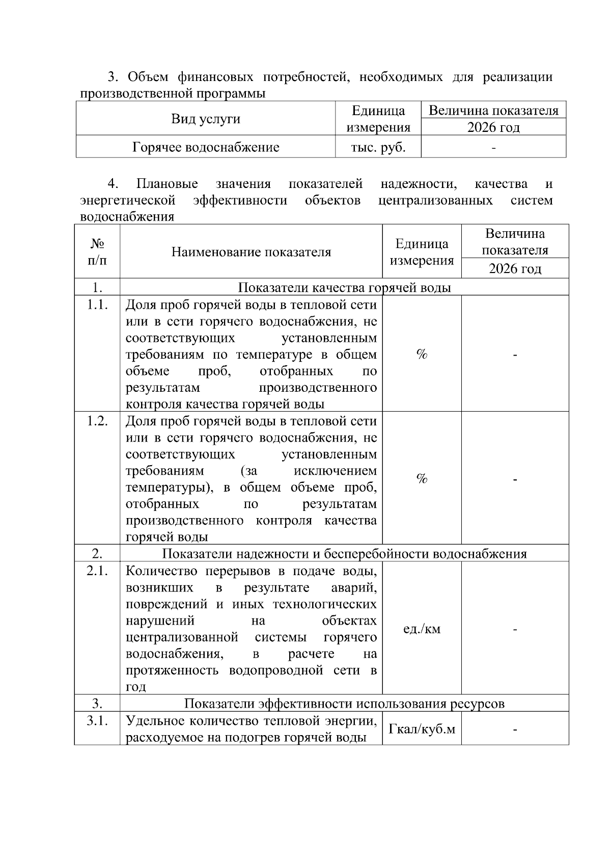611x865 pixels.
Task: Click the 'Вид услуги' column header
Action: pos(206,119)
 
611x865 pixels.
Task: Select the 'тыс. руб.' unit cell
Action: pos(378,147)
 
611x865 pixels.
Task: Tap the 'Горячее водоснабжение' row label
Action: pos(206,147)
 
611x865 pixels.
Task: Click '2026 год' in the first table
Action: pos(493,127)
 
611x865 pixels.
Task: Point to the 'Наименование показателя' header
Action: pos(251,252)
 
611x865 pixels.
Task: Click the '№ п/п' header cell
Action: pos(97,252)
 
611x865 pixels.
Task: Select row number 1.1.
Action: pos(97,305)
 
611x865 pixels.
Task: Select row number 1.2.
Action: pos(97,421)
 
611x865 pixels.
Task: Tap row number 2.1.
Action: pos(97,571)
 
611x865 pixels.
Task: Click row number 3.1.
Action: pos(97,721)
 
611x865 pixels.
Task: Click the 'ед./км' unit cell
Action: pos(422,629)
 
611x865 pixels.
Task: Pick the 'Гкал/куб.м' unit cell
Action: pos(422,729)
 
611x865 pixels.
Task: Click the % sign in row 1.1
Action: pos(422,355)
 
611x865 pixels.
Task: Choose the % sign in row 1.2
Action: pos(422,478)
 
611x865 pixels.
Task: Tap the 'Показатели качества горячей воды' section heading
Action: pos(344,288)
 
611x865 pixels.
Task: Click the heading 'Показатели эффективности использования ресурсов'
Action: pos(344,704)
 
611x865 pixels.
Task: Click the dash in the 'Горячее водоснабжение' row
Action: pos(493,148)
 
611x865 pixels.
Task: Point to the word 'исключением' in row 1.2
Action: pos(336,471)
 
